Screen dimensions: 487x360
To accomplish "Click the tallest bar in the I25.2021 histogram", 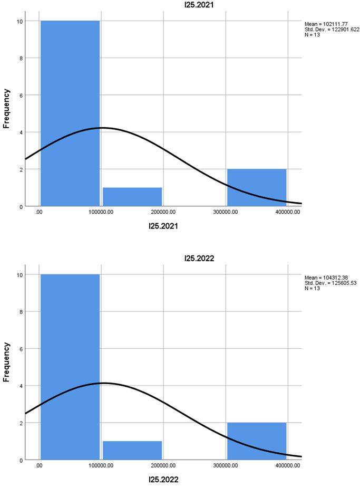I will (70, 113).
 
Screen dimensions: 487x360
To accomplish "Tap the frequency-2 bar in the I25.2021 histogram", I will (257, 187).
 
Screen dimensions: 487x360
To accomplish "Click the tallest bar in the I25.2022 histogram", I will (70, 367).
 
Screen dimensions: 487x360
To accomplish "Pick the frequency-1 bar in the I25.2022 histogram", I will (132, 451).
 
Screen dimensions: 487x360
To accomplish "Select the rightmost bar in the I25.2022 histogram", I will (257, 441).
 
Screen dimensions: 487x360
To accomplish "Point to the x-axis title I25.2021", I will (163, 226).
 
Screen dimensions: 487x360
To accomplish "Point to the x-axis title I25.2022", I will (163, 480).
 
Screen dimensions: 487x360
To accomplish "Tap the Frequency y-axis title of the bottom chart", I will (7, 362).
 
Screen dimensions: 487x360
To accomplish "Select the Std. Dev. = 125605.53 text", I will (332, 283).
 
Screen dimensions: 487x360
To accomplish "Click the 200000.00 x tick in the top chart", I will (164, 212).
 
